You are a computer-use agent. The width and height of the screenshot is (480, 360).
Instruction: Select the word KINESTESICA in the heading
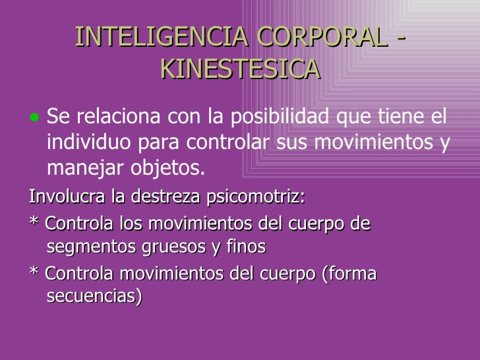point(240,68)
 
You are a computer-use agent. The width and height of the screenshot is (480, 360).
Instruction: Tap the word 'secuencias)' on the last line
point(94,297)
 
